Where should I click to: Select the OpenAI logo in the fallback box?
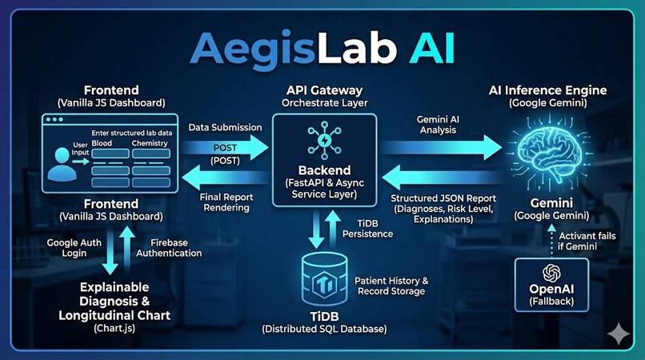tap(549, 272)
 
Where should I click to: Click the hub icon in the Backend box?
tap(323, 140)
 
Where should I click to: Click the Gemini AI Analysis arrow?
tap(441, 147)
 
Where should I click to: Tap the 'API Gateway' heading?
tap(323, 90)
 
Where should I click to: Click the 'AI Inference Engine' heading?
tap(548, 90)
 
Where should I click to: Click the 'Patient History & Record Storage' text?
tap(391, 286)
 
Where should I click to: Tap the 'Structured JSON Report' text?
tap(442, 198)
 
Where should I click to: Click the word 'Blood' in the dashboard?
tap(102, 142)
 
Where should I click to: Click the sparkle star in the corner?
tap(618, 334)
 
